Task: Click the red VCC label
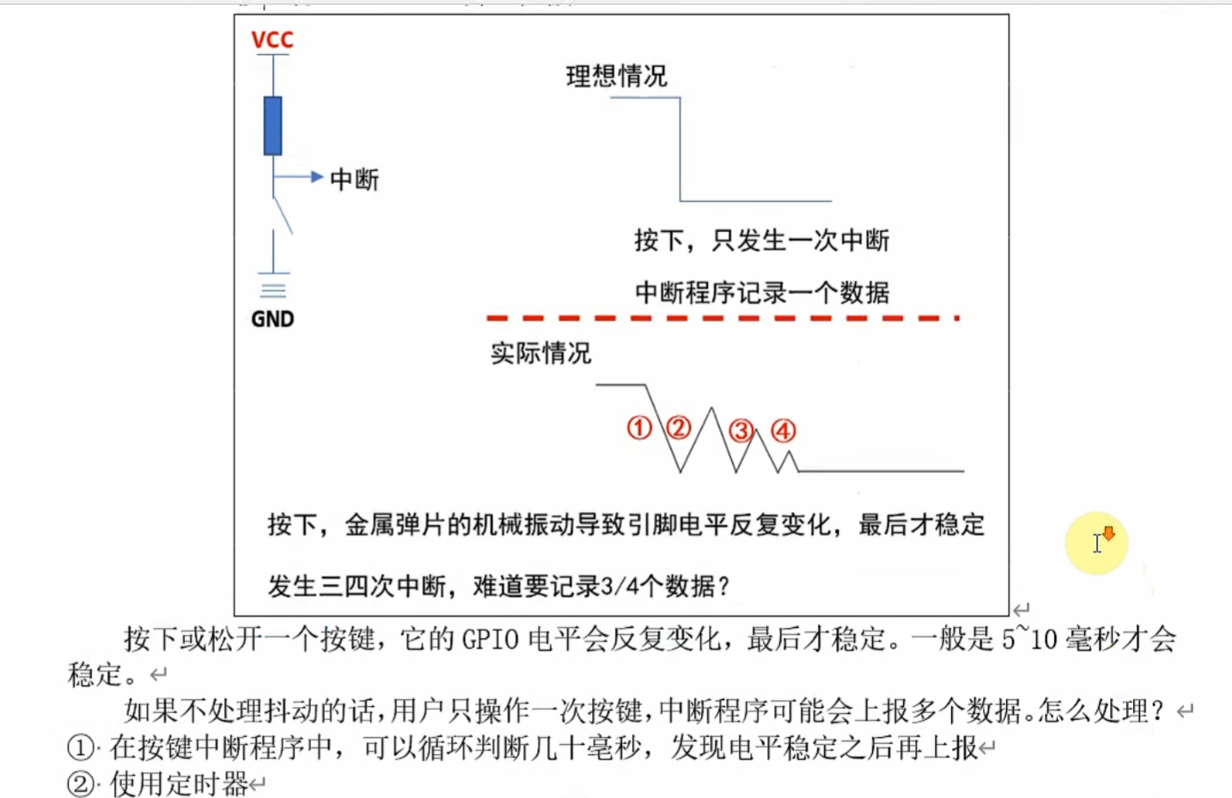click(272, 40)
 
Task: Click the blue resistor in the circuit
click(273, 125)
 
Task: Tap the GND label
click(272, 320)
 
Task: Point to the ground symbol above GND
click(273, 289)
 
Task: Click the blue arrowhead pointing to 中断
click(316, 177)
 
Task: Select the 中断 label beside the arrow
click(354, 180)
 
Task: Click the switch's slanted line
click(283, 215)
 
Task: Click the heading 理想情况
click(616, 76)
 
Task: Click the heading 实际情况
click(540, 353)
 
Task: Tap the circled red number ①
click(639, 428)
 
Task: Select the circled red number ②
click(679, 428)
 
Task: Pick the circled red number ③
click(741, 430)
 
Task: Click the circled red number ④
click(783, 430)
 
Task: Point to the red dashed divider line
click(722, 318)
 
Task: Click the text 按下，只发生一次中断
click(761, 241)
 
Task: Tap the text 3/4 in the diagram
click(617, 588)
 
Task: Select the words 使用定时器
click(179, 783)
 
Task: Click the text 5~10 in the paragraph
click(1029, 639)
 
